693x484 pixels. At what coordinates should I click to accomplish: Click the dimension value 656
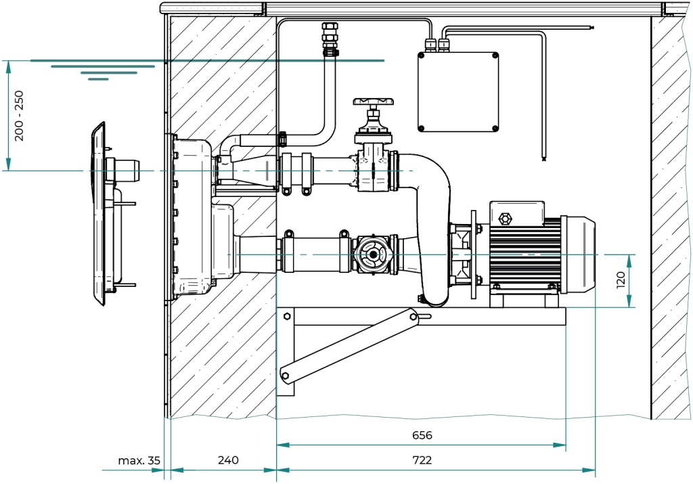tap(422, 435)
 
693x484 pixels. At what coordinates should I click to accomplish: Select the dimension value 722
tap(422, 460)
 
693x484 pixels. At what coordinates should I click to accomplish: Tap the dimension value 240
tap(228, 460)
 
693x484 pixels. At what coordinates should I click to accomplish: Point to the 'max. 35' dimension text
tap(139, 460)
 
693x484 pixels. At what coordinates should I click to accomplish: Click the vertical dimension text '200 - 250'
tap(19, 116)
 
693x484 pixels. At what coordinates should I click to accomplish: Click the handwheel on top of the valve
tap(373, 102)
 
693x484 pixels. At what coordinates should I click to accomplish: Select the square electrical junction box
tap(458, 92)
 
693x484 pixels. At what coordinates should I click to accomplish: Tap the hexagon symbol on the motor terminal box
tap(504, 219)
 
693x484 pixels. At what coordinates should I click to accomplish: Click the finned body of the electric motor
tap(525, 255)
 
